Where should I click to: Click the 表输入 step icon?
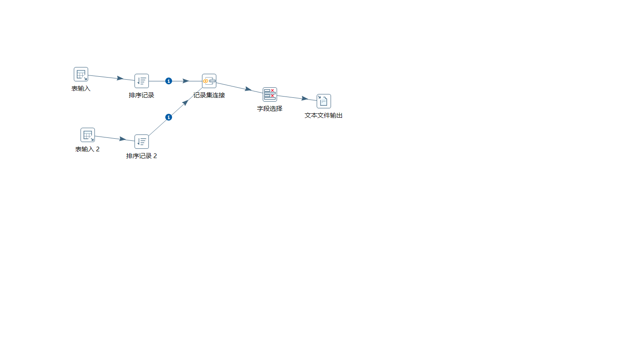(81, 74)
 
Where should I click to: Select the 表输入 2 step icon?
(88, 135)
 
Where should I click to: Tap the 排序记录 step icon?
(142, 81)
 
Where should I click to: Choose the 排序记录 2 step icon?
(142, 142)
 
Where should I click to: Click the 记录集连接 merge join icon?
(209, 81)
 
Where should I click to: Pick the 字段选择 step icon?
(270, 94)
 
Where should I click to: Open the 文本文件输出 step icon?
(324, 101)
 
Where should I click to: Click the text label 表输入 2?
(87, 149)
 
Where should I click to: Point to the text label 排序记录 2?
(142, 156)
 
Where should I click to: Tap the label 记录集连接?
(209, 95)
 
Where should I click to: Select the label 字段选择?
(270, 109)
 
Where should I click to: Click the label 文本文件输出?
(324, 116)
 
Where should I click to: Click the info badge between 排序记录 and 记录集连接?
(169, 81)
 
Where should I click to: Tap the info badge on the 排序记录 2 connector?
(169, 117)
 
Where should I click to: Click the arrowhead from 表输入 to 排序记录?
(120, 78)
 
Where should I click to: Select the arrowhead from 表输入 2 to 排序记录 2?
(123, 139)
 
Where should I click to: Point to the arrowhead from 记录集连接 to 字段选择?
(248, 89)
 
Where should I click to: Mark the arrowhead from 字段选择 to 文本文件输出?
(305, 99)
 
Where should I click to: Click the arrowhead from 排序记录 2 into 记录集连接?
(186, 102)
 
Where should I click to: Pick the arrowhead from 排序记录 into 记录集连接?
(186, 81)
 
